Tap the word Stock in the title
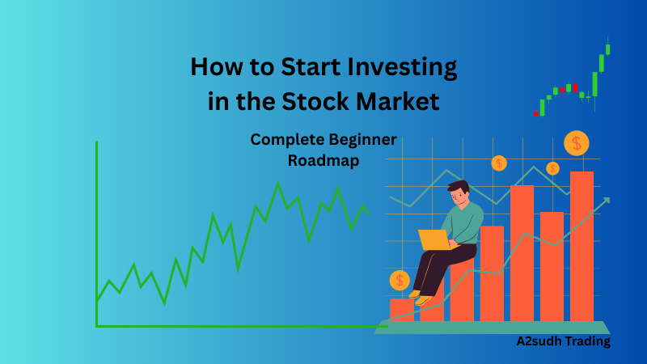coord(344,103)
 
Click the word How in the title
coord(216,66)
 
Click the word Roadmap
coord(323,160)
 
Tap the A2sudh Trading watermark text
coord(564,341)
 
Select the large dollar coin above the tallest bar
coord(577,143)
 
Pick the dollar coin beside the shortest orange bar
coord(400,281)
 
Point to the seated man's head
coord(459,193)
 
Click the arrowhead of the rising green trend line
coord(606,200)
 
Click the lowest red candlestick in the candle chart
coord(535,113)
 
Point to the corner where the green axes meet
coord(97,326)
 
